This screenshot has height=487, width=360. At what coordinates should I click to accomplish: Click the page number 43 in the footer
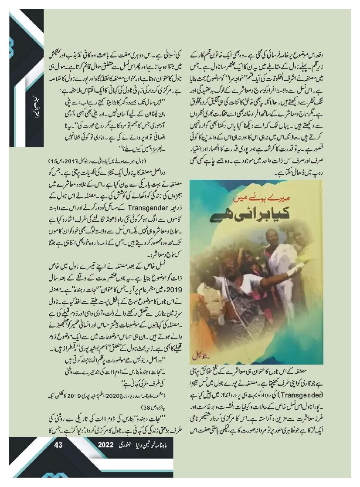59,445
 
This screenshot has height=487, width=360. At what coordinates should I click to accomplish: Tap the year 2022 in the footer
106,445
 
